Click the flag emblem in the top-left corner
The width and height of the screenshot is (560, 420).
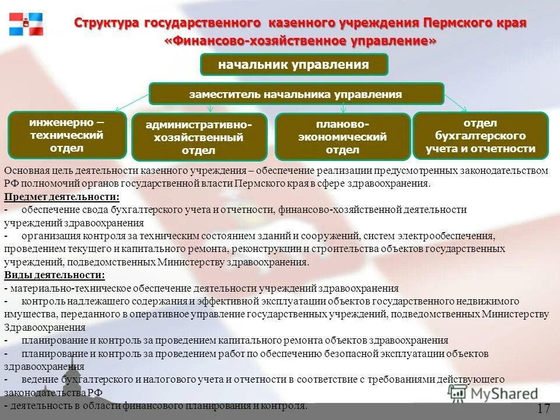coord(26,24)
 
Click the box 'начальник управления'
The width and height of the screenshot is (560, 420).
coord(294,65)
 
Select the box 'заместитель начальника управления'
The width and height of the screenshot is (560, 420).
coord(296,94)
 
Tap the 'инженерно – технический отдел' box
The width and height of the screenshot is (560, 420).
coord(67,135)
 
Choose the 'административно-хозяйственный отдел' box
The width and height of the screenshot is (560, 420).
coord(199,138)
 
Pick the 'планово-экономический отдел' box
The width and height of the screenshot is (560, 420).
coord(342,137)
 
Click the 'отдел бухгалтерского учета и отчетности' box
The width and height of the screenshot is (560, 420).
coord(481,136)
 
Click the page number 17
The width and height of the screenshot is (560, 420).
coord(544,408)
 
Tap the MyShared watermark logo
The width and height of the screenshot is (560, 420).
coord(493,394)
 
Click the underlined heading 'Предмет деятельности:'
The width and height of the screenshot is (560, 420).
coord(62,197)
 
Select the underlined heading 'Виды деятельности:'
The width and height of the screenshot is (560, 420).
coord(55,275)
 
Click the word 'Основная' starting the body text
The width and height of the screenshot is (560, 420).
coord(24,170)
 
